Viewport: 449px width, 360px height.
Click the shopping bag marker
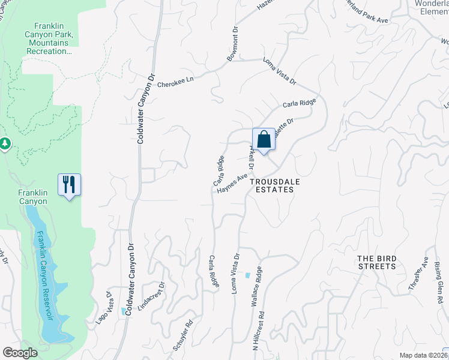pos(264,140)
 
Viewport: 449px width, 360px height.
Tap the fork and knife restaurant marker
pos(69,184)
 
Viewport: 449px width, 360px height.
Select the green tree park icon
pos(5,143)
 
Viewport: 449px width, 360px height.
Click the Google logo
pos(20,353)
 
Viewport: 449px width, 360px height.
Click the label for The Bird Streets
pos(377,262)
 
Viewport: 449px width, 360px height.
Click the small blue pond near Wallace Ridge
pos(248,275)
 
